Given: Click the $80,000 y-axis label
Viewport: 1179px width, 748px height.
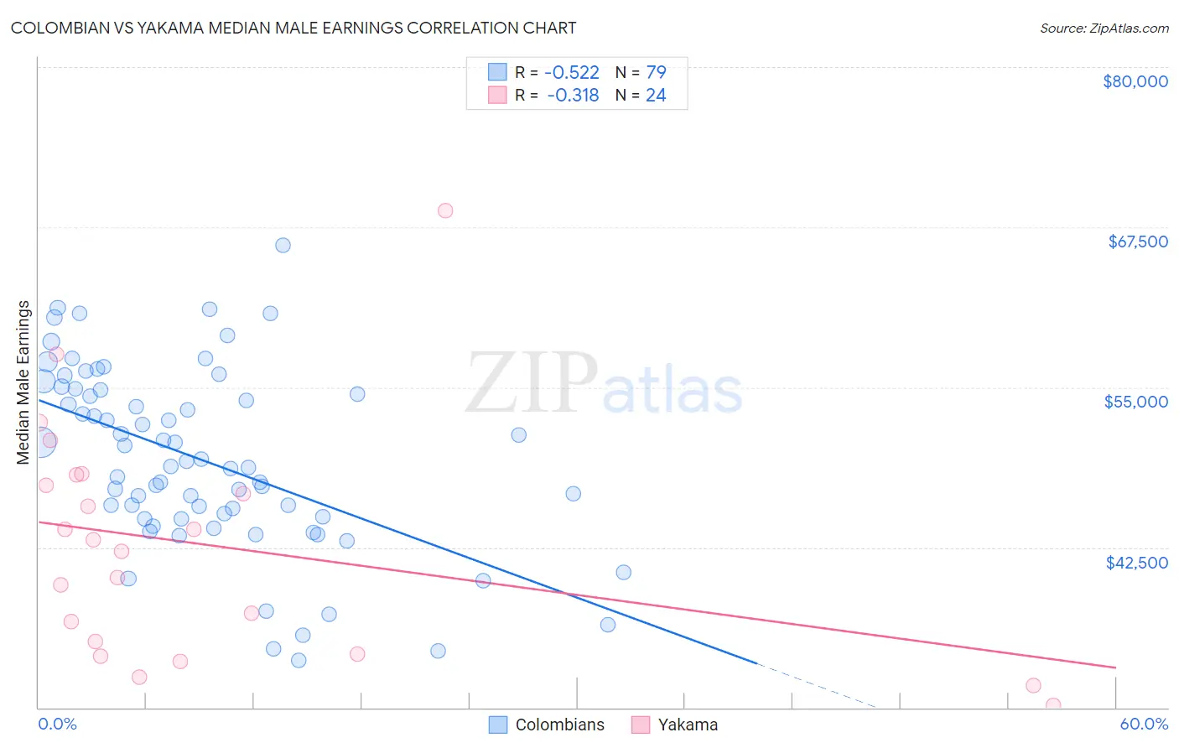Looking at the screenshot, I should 1135,81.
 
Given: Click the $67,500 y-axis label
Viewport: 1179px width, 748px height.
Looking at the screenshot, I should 1138,242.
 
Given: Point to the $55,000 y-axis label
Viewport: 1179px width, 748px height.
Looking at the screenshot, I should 1136,402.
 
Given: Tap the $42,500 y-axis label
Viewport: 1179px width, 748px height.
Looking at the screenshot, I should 1136,563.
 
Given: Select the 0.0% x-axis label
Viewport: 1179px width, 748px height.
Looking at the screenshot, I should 57,725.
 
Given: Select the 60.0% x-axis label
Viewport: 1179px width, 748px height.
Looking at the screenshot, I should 1144,725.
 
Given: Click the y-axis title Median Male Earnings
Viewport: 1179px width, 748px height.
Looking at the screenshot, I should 23,382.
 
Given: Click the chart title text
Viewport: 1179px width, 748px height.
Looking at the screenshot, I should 293,28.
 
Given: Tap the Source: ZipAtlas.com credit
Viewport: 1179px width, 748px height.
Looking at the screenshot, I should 1104,29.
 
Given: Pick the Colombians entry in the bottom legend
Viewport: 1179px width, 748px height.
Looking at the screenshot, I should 559,725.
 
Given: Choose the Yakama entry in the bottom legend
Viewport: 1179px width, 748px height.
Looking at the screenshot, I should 688,725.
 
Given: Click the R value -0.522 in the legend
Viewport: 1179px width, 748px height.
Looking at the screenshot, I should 571,73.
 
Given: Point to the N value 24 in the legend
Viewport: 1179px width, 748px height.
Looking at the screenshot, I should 656,96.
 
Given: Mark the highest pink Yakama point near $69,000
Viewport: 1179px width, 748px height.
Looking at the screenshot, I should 445,210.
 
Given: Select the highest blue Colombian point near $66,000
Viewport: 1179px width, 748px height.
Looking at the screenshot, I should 283,246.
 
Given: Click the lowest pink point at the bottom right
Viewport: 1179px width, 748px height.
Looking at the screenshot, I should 1053,705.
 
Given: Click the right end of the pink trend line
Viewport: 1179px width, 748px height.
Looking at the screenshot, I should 1114,667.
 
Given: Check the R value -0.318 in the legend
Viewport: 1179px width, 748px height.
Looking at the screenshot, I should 573,96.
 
